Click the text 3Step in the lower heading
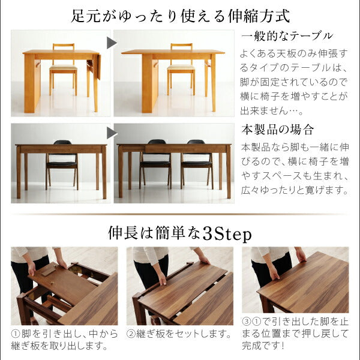(227, 232)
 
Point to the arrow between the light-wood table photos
(111, 43)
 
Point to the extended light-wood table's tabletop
(174, 52)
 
